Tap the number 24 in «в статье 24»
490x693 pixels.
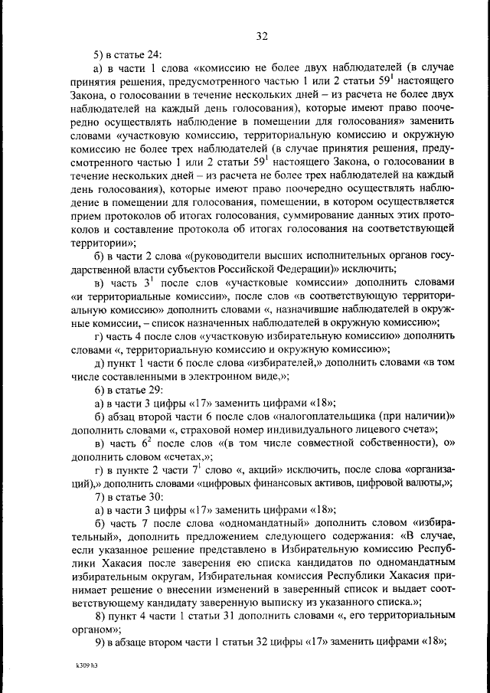[150, 54]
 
